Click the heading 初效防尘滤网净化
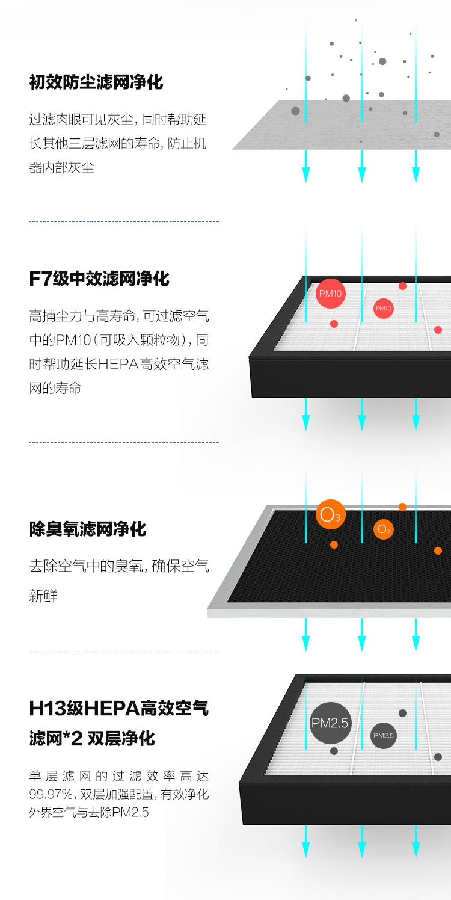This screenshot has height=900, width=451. point(96,82)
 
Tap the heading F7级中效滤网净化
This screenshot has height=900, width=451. point(99,279)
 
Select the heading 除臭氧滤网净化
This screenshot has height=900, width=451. point(88,529)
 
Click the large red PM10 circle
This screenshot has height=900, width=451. point(330,294)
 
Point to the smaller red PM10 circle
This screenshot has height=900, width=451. point(383,309)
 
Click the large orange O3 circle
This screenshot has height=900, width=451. point(330,514)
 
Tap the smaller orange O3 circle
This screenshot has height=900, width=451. point(383,529)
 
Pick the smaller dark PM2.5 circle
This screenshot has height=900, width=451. point(383,735)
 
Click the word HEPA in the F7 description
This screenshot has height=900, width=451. point(118,364)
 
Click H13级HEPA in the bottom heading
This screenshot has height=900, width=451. point(84,708)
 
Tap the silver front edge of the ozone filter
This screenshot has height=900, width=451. point(331,612)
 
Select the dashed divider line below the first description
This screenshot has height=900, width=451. point(123,221)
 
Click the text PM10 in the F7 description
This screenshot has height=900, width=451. point(72,340)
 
